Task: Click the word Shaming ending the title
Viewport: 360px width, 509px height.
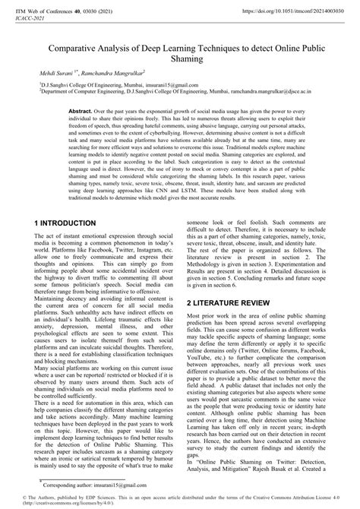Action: click(x=180, y=60)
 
